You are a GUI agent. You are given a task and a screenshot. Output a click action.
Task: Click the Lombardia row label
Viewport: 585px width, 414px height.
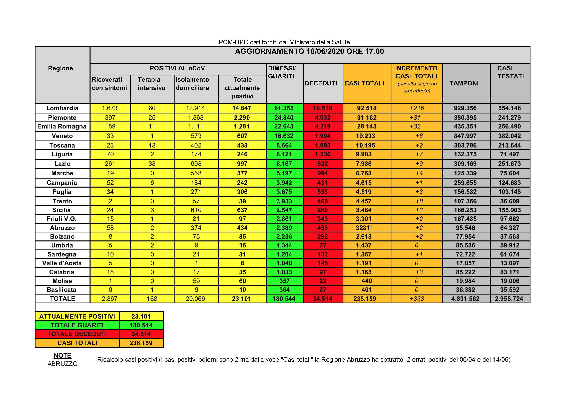point(62,108)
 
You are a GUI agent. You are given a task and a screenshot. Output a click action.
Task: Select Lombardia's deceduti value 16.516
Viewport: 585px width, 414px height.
point(323,108)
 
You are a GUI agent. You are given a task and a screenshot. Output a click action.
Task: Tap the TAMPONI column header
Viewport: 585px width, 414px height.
point(464,83)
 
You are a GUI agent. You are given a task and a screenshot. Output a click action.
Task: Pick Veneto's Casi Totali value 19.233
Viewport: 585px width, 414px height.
point(365,136)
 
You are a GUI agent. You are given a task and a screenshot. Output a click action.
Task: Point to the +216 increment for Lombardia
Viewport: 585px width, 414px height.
point(417,108)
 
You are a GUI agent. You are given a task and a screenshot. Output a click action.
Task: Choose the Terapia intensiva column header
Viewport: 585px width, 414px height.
point(151,84)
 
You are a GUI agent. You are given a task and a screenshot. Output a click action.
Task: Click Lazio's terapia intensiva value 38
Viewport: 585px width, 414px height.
point(152,164)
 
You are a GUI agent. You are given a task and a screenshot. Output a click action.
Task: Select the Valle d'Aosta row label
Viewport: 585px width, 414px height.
point(62,263)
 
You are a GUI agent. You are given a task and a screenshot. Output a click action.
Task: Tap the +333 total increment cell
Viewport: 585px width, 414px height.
point(417,299)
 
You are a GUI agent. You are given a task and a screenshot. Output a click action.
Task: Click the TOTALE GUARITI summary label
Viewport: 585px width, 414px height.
point(77,325)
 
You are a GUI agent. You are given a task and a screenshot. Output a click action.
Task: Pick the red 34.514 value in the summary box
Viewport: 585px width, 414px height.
point(141,334)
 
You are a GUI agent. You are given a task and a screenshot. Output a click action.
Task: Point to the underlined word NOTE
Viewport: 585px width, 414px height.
point(63,355)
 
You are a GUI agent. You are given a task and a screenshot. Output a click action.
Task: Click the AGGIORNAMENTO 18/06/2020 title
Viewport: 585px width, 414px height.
point(309,52)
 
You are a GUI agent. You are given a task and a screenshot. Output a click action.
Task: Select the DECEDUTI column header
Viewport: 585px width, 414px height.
point(321,83)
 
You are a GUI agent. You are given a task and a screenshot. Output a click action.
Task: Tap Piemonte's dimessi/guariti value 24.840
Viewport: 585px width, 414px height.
point(284,117)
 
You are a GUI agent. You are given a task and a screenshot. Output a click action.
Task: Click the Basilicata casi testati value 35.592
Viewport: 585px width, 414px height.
point(509,290)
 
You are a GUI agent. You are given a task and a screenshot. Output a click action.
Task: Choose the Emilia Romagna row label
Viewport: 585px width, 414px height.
point(62,126)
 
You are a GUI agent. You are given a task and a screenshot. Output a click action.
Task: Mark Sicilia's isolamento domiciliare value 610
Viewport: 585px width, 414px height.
point(196,210)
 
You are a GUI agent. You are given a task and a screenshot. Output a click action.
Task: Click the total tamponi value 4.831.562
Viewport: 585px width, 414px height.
point(465,299)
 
